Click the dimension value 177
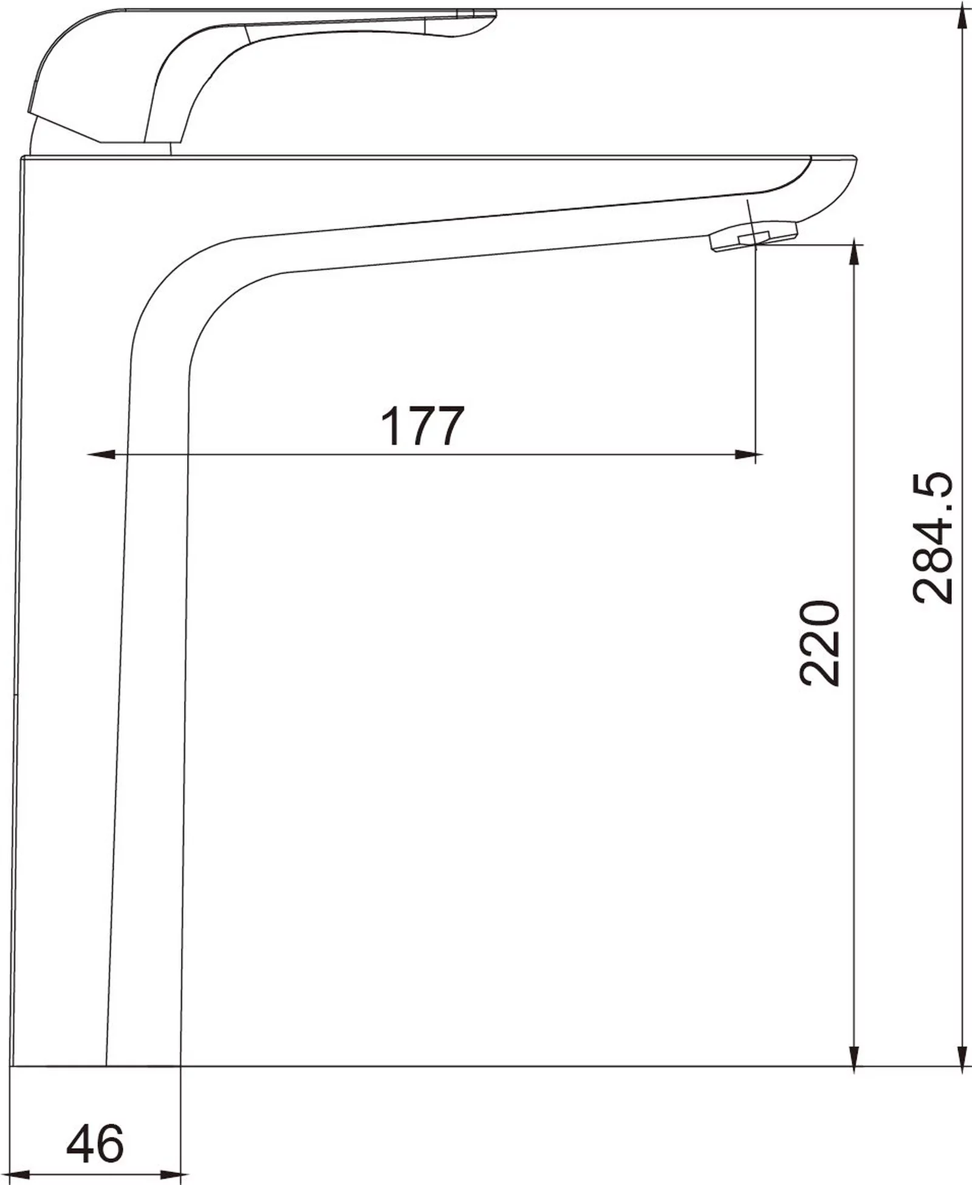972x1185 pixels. click(x=422, y=426)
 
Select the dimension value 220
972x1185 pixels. click(x=820, y=643)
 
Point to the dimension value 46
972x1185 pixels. click(x=95, y=1144)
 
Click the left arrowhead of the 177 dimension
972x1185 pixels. click(x=101, y=454)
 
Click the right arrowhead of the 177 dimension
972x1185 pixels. click(x=747, y=454)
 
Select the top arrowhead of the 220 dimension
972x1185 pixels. click(x=855, y=252)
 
